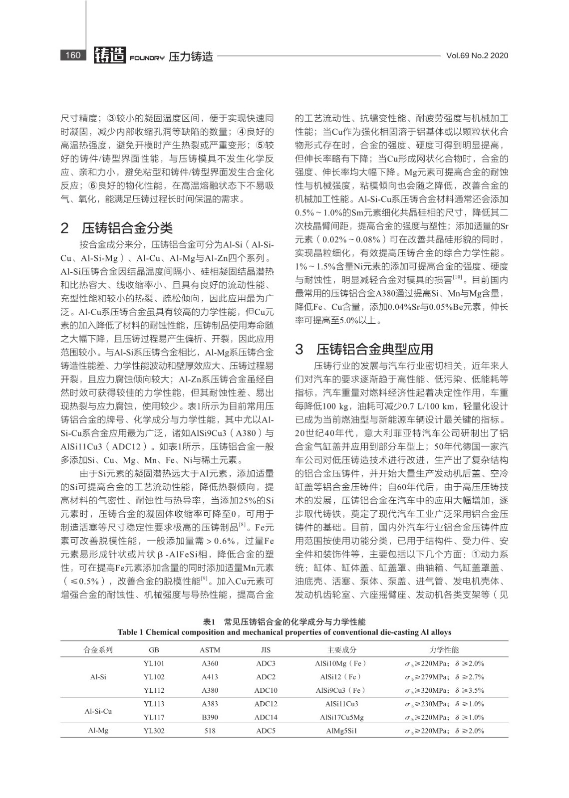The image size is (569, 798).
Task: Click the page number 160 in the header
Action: click(x=73, y=55)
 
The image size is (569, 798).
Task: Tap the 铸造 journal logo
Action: click(x=110, y=55)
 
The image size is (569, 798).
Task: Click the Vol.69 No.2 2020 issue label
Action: click(x=477, y=56)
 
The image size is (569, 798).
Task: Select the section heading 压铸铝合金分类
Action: click(x=127, y=228)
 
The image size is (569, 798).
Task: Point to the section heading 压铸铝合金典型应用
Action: click(x=374, y=349)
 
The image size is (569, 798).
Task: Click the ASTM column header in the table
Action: click(x=210, y=650)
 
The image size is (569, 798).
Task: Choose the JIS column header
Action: click(x=266, y=650)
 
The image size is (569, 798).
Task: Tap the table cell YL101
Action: click(x=154, y=663)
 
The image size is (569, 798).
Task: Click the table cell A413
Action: click(x=210, y=677)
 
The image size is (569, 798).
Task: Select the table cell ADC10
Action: click(x=266, y=690)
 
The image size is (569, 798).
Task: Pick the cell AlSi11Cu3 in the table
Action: click(x=341, y=704)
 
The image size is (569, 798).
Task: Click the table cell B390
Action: click(x=210, y=717)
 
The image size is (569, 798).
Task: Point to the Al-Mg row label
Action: click(x=98, y=731)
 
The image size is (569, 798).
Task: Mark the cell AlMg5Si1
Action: click(x=341, y=731)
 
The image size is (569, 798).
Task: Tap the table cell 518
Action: click(x=210, y=731)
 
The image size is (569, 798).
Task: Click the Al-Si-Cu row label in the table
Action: click(x=98, y=711)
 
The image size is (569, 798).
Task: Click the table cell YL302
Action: click(x=154, y=731)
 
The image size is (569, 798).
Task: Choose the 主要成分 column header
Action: click(x=341, y=650)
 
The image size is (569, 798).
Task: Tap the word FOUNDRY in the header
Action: click(x=147, y=58)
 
